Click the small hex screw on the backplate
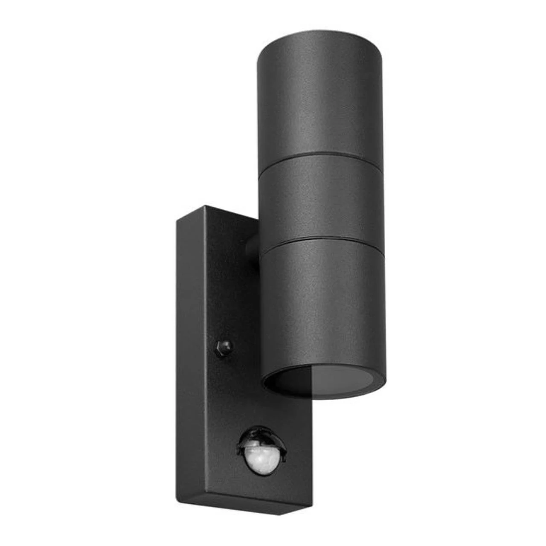[x=224, y=346]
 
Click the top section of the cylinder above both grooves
[x=318, y=98]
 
